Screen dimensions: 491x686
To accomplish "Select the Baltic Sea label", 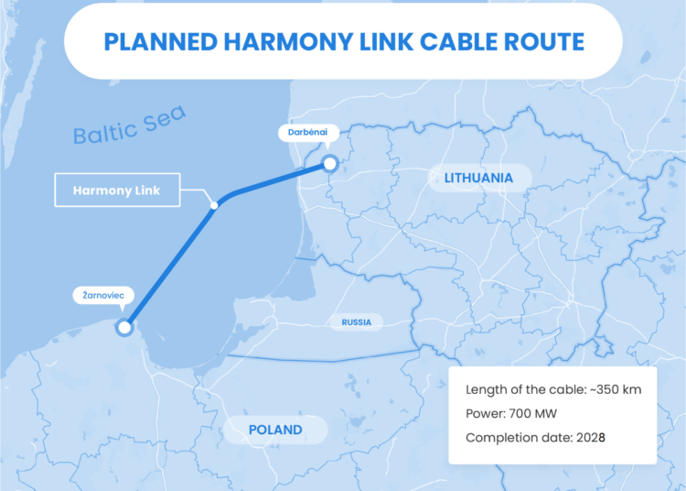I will click(x=130, y=125).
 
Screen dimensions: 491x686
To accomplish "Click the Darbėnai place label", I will click(x=302, y=133).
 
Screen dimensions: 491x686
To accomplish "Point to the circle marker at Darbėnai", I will click(x=329, y=165).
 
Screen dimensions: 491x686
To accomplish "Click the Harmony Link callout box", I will click(x=116, y=191).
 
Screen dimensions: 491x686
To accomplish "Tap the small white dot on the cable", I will click(x=213, y=204).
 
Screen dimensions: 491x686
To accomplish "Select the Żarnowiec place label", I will click(x=103, y=296).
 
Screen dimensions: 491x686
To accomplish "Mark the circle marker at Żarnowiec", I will click(x=124, y=327).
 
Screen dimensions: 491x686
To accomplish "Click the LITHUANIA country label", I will click(x=479, y=177).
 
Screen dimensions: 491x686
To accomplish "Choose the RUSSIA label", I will click(x=357, y=322).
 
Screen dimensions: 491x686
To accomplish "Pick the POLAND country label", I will click(x=275, y=429).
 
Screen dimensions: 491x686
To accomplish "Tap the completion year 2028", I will click(x=589, y=438).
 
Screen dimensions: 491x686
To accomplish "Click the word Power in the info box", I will click(x=485, y=413).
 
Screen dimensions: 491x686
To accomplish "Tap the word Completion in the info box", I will click(x=501, y=438).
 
